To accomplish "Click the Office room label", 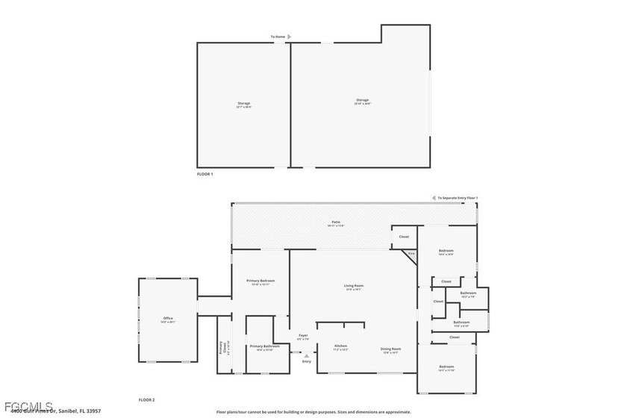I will tap(168, 319).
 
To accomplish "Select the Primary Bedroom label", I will tap(261, 281).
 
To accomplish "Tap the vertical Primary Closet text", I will tap(222, 348).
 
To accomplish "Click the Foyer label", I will tap(304, 336).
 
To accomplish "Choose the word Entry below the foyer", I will tap(306, 361).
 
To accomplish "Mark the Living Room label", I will tap(353, 285).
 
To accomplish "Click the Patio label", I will tap(336, 222).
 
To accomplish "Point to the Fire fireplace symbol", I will tap(411, 254).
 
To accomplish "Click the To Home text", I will tap(278, 36).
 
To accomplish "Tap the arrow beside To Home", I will tap(290, 36).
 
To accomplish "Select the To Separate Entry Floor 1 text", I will tap(458, 198).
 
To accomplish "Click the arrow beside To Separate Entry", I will tap(434, 198).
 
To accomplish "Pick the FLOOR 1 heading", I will tap(205, 174).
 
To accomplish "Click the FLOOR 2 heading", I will tap(146, 400).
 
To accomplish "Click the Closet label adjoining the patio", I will tap(404, 237).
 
